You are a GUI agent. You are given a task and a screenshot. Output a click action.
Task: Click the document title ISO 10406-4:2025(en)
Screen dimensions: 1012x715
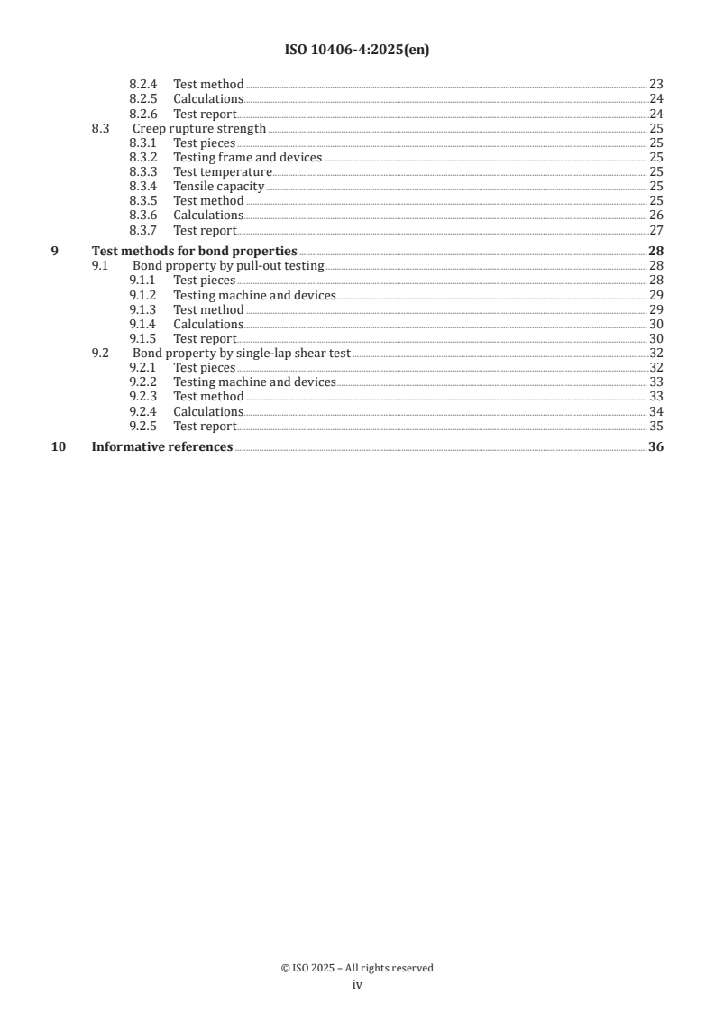(x=357, y=51)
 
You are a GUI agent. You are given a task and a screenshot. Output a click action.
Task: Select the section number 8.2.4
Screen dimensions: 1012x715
(x=142, y=85)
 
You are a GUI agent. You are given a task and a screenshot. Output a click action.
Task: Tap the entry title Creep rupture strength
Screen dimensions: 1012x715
(x=199, y=128)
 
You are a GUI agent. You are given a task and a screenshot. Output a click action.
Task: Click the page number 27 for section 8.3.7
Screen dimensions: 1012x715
(x=656, y=230)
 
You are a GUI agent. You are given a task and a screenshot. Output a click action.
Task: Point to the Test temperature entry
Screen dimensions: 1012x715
(x=222, y=172)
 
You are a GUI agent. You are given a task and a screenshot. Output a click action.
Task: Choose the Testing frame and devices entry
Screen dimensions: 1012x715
(x=247, y=158)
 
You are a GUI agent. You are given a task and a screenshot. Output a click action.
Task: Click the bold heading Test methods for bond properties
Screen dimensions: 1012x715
(x=195, y=252)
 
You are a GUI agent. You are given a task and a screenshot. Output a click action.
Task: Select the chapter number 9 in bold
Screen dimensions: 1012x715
(x=55, y=252)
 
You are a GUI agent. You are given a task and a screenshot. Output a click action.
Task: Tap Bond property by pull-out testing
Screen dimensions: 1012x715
(x=228, y=266)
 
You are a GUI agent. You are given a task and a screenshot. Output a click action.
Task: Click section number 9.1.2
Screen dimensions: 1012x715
(x=142, y=295)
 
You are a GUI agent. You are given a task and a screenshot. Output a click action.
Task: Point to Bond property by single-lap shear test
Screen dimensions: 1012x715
(x=242, y=354)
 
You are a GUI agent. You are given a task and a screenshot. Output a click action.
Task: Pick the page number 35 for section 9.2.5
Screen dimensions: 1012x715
(x=656, y=426)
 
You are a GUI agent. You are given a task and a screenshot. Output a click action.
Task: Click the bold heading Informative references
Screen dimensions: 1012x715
(x=162, y=447)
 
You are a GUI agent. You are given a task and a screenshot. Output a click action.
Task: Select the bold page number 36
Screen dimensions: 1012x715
(x=655, y=447)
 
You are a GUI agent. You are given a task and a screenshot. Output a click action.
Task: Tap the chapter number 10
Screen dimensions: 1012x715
(x=58, y=447)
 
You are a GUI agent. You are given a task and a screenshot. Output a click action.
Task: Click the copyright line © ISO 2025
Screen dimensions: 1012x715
(x=357, y=968)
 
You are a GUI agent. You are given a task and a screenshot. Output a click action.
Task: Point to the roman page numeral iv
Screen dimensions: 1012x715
(x=357, y=985)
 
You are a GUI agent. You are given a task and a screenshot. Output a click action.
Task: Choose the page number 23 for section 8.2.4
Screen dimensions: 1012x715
(x=656, y=85)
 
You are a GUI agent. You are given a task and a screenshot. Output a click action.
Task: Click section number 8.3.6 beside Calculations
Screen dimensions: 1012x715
(x=142, y=216)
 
